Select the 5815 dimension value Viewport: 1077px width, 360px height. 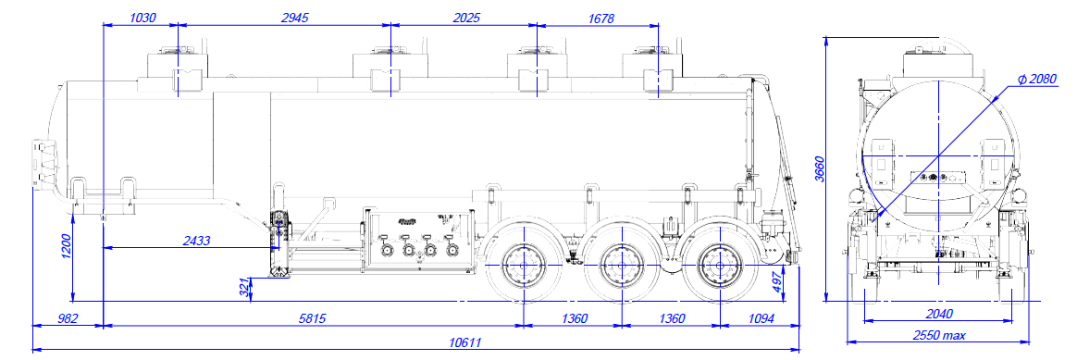pos(311,318)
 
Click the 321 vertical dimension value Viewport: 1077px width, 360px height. pos(244,287)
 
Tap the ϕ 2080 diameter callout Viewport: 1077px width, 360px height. pos(1034,81)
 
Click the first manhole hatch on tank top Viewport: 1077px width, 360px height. pos(180,65)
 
